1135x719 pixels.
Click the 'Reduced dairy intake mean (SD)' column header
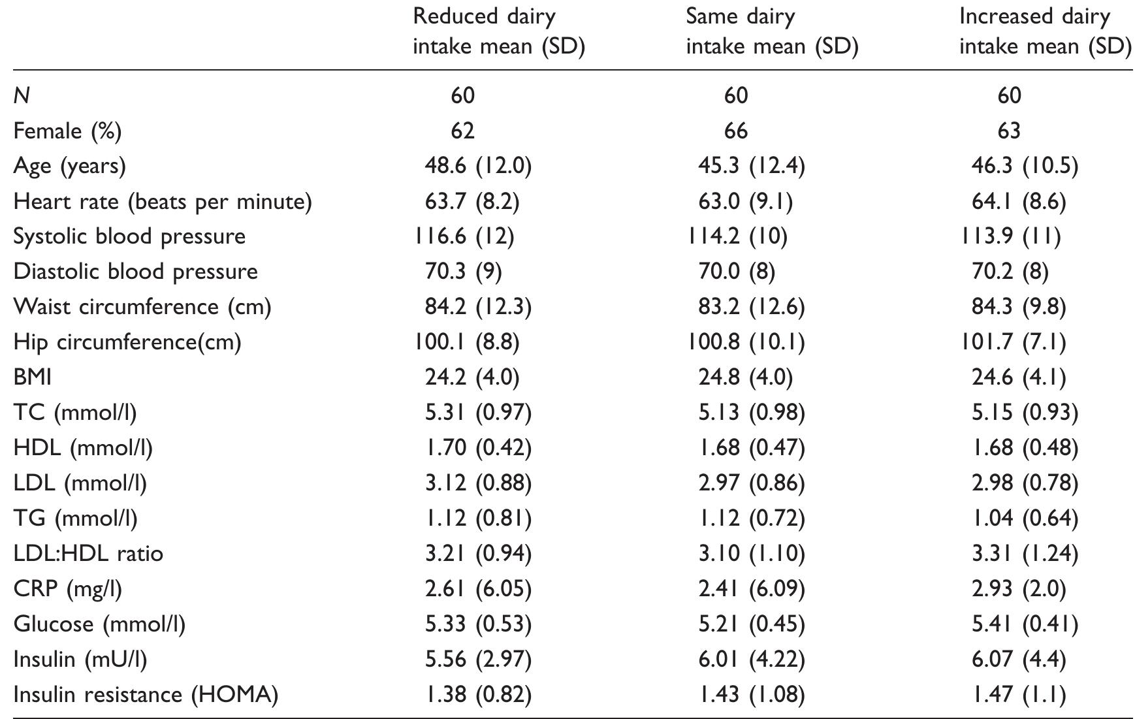[x=498, y=31]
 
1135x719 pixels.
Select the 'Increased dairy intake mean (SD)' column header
[x=1044, y=31]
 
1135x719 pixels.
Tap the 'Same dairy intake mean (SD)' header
[x=771, y=31]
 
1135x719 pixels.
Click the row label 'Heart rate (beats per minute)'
[x=163, y=201]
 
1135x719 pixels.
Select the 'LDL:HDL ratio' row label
[x=88, y=554]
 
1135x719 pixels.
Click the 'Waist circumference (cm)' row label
[x=142, y=307]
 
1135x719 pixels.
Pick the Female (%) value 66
[x=735, y=131]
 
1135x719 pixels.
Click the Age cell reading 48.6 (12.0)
[x=478, y=166]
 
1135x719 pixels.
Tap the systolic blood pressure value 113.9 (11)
[x=1010, y=236]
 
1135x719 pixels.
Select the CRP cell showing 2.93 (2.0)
[x=1019, y=589]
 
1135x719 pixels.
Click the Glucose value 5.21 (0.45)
[x=751, y=624]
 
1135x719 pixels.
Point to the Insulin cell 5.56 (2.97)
[x=478, y=660]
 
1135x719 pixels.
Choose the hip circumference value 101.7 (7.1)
[x=1012, y=342]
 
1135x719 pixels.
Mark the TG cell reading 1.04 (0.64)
[x=1025, y=519]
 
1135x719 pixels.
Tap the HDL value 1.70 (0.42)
[x=478, y=448]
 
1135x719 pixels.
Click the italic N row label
[x=22, y=96]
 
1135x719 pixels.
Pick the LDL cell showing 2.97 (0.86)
[x=751, y=483]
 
